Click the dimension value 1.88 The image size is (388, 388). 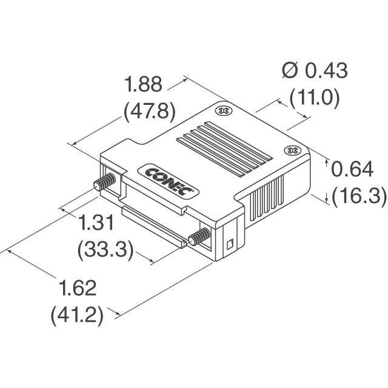[143, 84]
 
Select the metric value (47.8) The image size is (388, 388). [149, 111]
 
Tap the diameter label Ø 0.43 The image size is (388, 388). [315, 71]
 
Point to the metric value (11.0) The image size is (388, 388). [314, 98]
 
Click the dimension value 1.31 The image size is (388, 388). [98, 224]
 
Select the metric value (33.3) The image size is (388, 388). [106, 250]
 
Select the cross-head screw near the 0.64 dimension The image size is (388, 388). [292, 150]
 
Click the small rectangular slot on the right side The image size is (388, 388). [229, 245]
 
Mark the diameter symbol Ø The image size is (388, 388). [289, 71]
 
